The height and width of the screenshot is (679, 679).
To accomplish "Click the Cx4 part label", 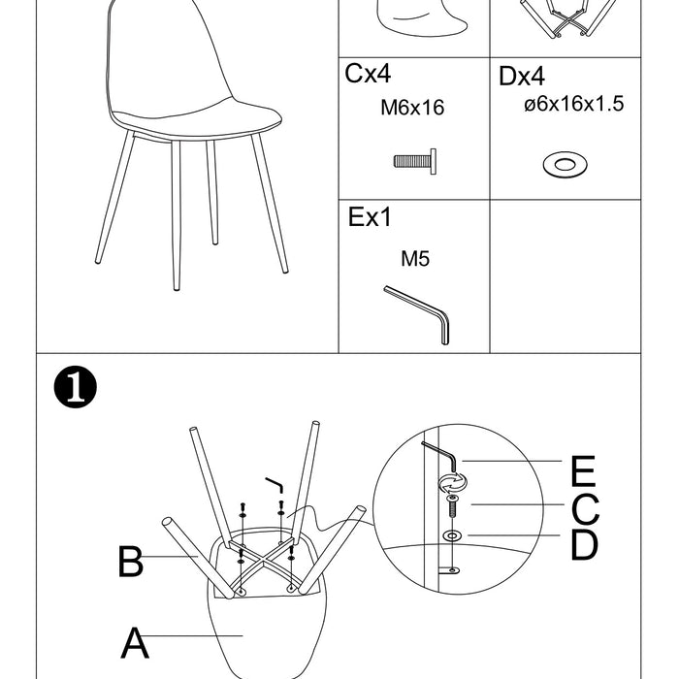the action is click(368, 73).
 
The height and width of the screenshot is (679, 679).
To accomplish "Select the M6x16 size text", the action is click(412, 108).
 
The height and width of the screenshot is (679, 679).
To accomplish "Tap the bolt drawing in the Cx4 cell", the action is click(415, 161).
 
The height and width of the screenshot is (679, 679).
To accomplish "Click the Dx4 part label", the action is click(522, 77).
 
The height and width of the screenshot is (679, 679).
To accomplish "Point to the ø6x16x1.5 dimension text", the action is click(574, 104).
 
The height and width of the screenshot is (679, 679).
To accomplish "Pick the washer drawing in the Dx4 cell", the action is click(565, 165).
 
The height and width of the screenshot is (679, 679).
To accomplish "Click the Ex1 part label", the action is click(370, 217).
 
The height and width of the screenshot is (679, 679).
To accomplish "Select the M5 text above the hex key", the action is click(415, 259).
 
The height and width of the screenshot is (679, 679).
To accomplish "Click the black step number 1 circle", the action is click(76, 387).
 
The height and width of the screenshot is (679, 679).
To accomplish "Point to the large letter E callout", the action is click(583, 471).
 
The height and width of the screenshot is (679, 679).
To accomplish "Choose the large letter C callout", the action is click(585, 509).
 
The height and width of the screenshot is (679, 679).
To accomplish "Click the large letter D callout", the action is click(584, 544).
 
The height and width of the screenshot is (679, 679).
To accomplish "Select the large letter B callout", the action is click(130, 562).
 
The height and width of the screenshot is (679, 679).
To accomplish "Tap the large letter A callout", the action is click(135, 642).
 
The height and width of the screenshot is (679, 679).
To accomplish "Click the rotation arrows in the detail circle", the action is click(453, 483).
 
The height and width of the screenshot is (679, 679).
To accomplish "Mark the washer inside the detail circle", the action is click(452, 536).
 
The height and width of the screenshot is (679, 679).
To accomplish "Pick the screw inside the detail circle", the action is click(452, 507).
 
